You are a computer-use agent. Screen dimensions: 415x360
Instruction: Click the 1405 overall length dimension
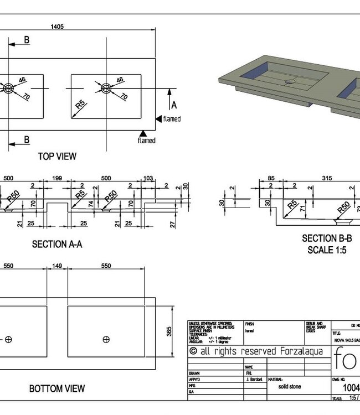(56, 25)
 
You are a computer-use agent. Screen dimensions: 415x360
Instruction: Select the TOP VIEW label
(57, 156)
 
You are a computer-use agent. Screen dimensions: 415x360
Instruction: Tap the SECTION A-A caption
(57, 244)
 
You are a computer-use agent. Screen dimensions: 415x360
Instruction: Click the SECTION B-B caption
(327, 238)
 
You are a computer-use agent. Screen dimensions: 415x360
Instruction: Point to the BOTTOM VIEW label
(57, 389)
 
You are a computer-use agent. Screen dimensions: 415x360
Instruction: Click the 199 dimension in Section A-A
(56, 178)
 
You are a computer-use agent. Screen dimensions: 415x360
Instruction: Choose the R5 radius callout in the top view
(80, 105)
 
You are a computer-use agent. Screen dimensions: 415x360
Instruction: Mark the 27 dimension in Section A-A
(173, 224)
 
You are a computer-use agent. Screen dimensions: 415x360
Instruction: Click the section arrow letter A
(174, 105)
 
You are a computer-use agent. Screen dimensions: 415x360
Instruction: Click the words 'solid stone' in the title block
(286, 387)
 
